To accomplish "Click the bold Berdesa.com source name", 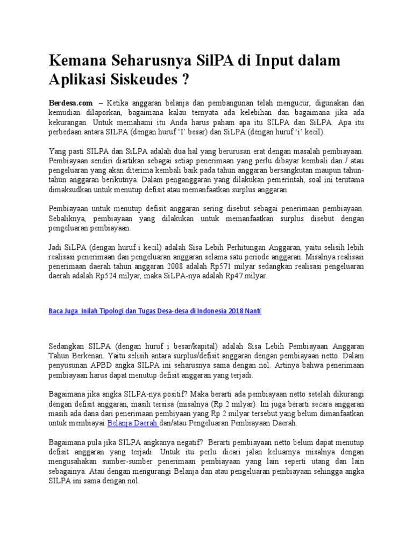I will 70,102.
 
